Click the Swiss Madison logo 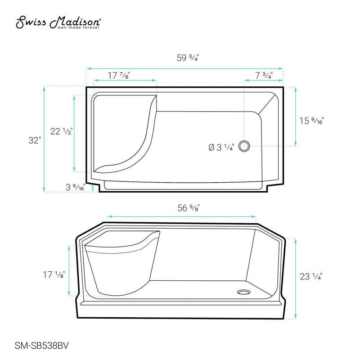[x=58, y=22]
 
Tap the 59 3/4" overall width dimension [x=188, y=58]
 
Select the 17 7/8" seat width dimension [x=119, y=75]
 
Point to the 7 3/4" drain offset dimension [x=264, y=75]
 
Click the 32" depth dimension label [x=35, y=140]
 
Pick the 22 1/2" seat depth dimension [x=61, y=131]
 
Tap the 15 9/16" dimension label [x=311, y=121]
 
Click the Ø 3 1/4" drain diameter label [x=221, y=147]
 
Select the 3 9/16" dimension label [x=75, y=187]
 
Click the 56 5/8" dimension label [x=189, y=208]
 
